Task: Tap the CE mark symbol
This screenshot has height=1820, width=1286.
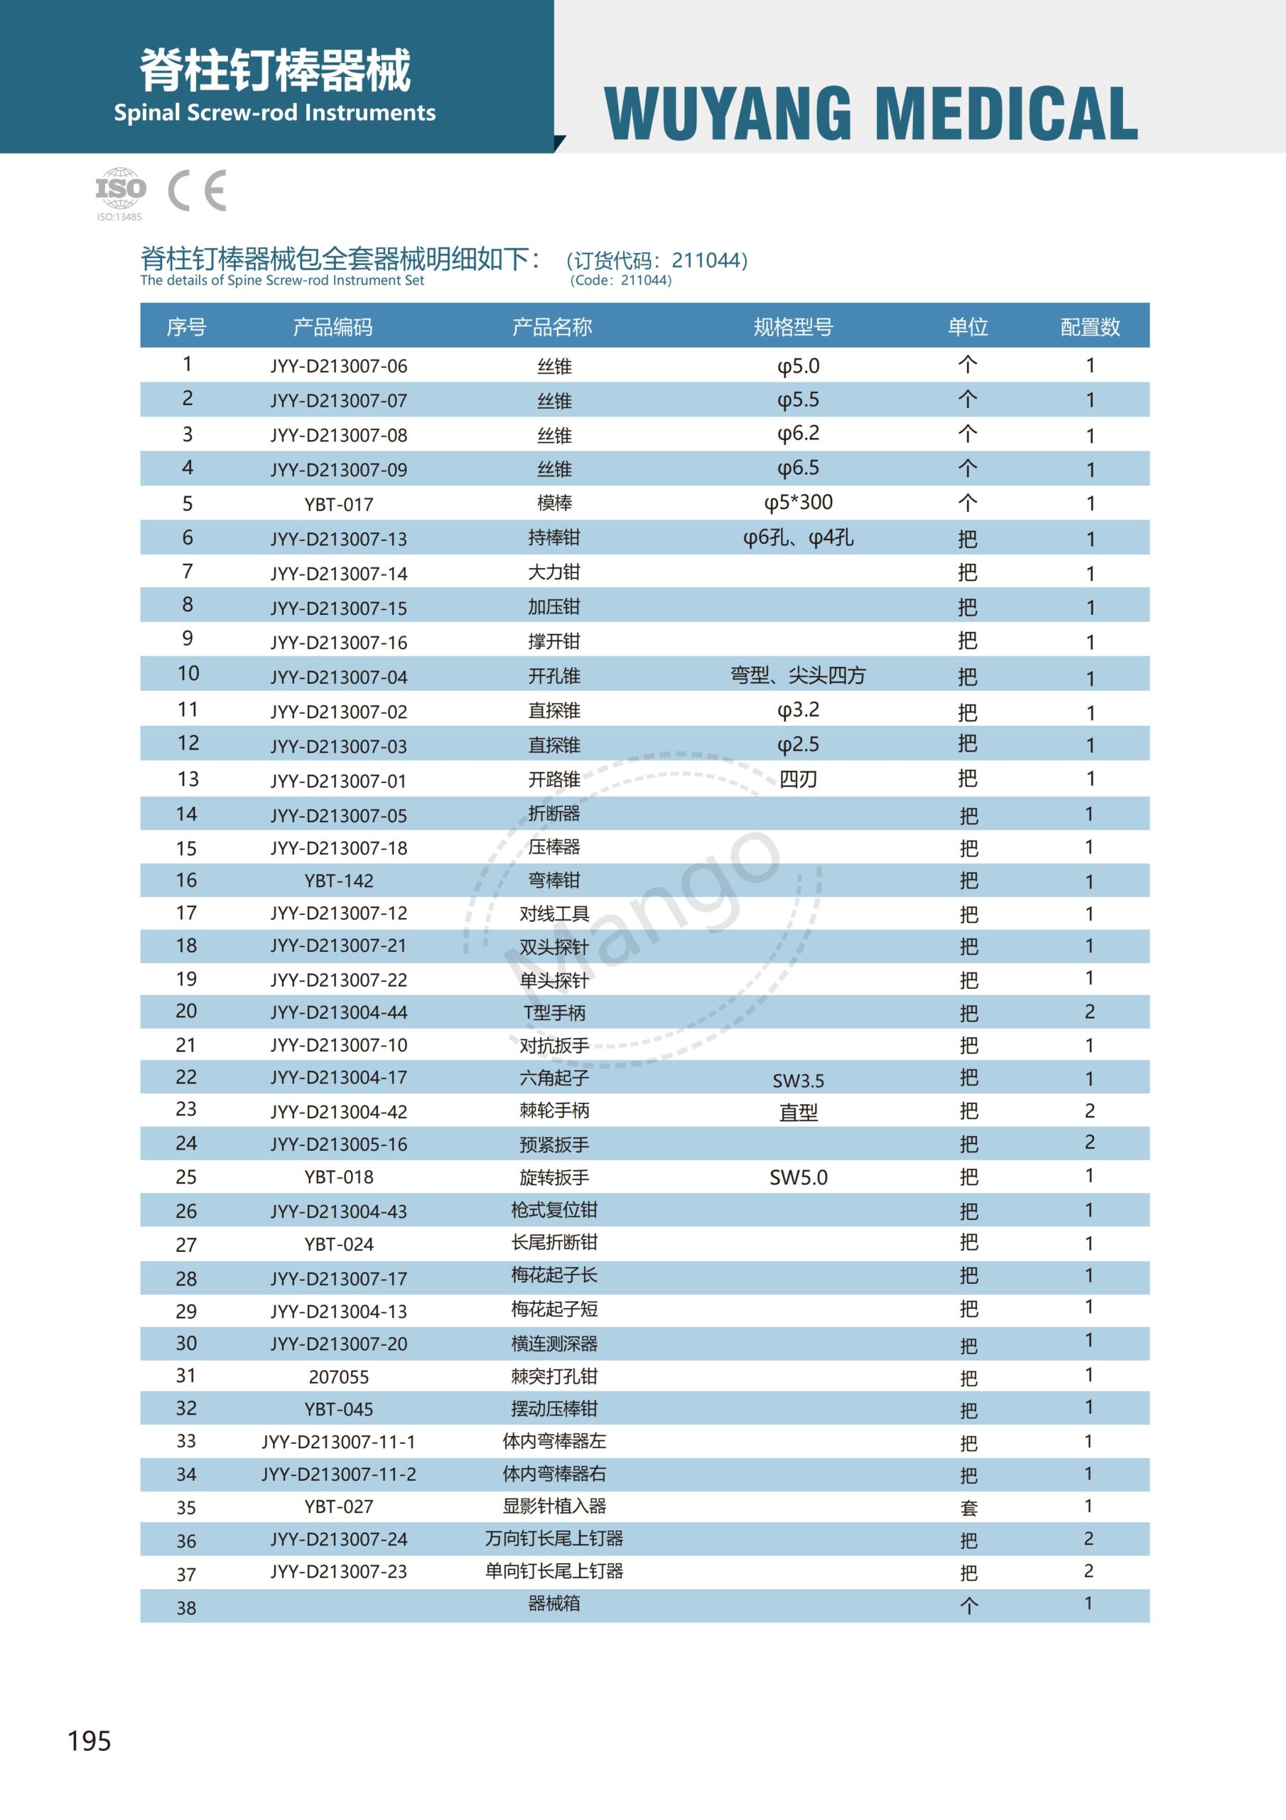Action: (x=198, y=191)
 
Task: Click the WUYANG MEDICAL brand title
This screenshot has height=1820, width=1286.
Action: (x=870, y=115)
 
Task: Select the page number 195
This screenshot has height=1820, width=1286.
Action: (x=90, y=1741)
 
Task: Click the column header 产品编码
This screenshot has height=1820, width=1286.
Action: (x=332, y=326)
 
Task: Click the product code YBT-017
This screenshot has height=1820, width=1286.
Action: (x=338, y=504)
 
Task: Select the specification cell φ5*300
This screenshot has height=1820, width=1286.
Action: (x=798, y=503)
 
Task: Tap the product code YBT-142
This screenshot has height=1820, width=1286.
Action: (x=338, y=881)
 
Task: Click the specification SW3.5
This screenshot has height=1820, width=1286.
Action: (x=798, y=1081)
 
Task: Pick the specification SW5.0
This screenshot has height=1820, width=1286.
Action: (x=798, y=1177)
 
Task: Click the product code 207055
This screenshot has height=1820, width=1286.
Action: (x=338, y=1377)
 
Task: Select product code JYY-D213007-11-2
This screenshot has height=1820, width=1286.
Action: (x=338, y=1474)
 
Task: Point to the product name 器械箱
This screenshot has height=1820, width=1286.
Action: (x=554, y=1604)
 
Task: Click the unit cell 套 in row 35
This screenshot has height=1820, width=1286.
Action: (x=968, y=1508)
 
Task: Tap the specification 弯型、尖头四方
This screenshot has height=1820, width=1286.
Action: (x=798, y=675)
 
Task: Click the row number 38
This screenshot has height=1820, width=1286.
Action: (x=186, y=1607)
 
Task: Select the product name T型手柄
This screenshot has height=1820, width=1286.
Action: (x=554, y=1012)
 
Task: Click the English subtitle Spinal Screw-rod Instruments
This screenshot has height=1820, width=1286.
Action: (x=274, y=112)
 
